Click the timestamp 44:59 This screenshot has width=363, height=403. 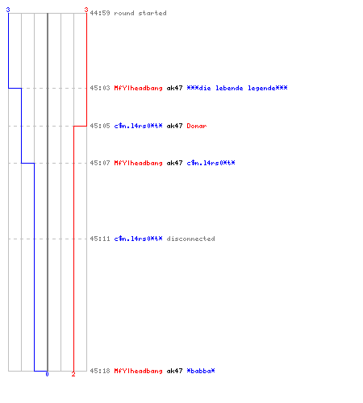[x=100, y=13]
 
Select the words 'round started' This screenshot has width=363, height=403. [x=140, y=13]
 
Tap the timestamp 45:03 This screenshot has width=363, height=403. [x=100, y=88]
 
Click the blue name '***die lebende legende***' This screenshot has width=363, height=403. [x=237, y=88]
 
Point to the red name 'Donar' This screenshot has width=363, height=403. [x=197, y=126]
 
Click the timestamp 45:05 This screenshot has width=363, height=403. [x=100, y=126]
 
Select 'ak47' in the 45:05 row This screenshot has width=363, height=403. [x=174, y=126]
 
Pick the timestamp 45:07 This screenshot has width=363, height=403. [x=100, y=163]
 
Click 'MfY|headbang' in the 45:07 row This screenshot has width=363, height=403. [x=138, y=163]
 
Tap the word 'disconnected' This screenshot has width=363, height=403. [x=190, y=239]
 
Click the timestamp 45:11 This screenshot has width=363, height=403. [x=100, y=239]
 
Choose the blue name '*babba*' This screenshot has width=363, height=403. [x=201, y=371]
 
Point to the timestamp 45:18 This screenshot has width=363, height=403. [x=100, y=371]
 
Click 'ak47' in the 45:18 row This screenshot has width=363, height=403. [x=174, y=371]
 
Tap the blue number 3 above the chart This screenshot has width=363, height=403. [x=8, y=10]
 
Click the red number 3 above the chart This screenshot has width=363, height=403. [x=86, y=10]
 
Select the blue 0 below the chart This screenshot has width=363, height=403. [x=47, y=374]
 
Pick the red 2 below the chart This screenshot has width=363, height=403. [x=73, y=374]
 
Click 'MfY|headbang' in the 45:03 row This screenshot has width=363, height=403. [x=138, y=88]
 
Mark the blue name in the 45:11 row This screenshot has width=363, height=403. [x=138, y=239]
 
